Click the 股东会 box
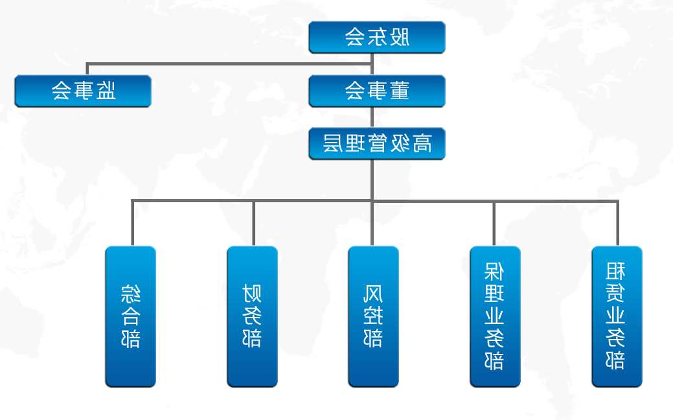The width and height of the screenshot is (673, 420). [376, 38]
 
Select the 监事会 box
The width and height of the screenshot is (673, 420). [83, 91]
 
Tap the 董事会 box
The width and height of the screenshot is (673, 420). [376, 91]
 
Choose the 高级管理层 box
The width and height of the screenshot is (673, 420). [376, 144]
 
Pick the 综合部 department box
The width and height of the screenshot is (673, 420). [131, 316]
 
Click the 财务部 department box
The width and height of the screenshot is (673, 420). [252, 316]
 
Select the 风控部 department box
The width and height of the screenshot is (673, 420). [373, 316]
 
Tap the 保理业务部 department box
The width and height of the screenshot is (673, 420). [495, 316]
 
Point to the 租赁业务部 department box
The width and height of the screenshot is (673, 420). [617, 316]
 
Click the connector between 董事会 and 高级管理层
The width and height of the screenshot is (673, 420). [372, 117]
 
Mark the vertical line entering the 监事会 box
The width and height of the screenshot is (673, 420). [87, 69]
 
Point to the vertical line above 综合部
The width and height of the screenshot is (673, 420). [133, 224]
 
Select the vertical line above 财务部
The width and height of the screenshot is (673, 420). [253, 224]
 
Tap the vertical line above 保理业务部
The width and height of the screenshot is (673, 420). [494, 224]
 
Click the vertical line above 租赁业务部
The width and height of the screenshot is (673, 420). [617, 224]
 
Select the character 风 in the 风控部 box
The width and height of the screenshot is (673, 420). [373, 295]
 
